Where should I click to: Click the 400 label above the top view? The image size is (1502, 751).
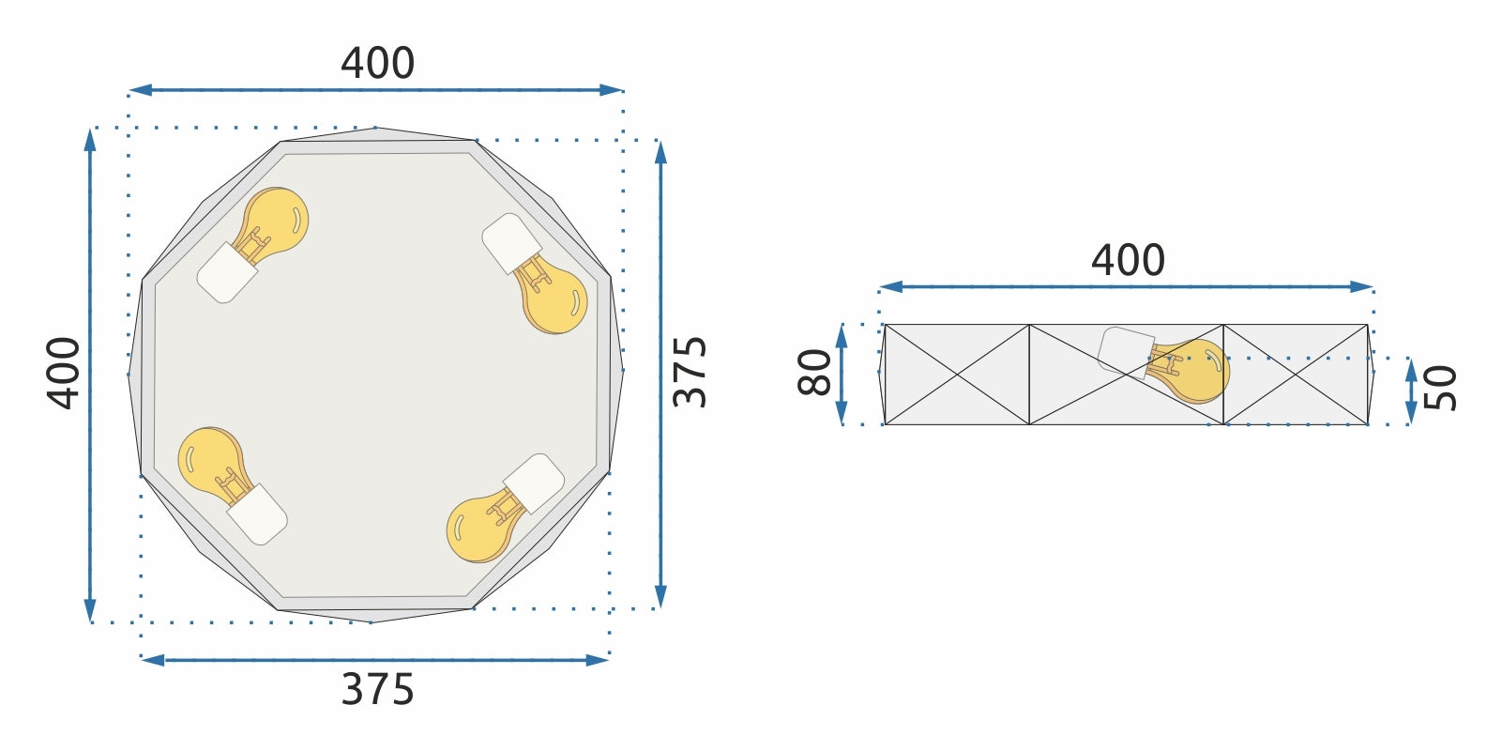click(377, 64)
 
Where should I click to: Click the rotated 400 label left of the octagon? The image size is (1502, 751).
click(64, 373)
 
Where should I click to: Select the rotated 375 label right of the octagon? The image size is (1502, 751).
click(690, 372)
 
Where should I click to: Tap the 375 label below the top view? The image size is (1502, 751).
click(377, 690)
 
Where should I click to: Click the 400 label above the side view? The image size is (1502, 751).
click(1128, 260)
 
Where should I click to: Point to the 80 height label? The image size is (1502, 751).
click(815, 373)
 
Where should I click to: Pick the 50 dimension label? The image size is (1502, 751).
click(1440, 388)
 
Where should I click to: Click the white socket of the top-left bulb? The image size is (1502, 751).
click(226, 273)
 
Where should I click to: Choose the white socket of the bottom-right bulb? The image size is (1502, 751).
click(535, 483)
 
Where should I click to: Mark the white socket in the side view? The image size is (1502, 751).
click(1125, 352)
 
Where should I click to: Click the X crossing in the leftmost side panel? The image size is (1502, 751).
click(957, 375)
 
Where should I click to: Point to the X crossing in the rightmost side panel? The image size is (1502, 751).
click(1296, 375)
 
